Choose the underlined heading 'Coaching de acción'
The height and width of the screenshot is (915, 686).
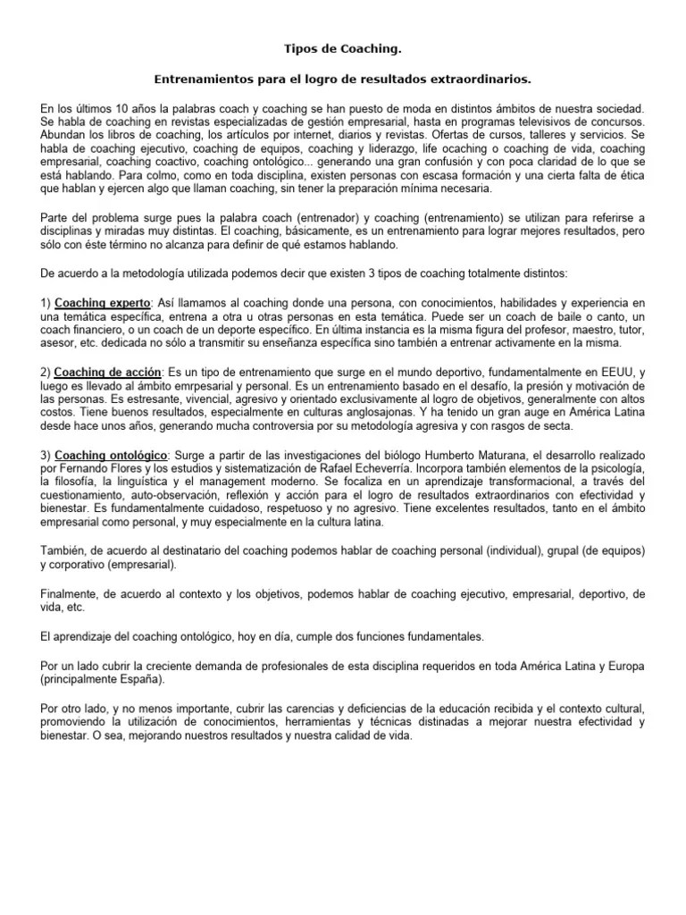click(108, 372)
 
